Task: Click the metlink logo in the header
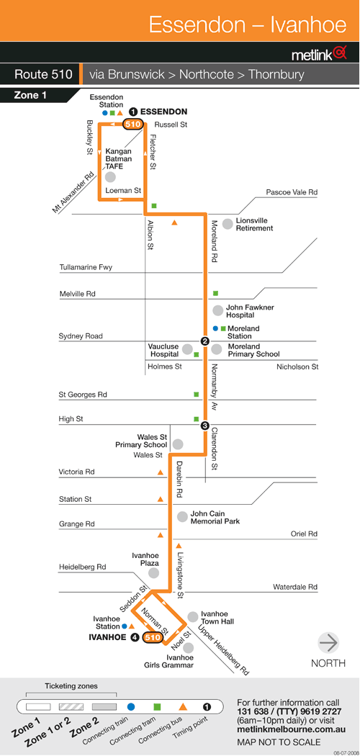319,54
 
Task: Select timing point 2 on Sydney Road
204,342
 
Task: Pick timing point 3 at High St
204,426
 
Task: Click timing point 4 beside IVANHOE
135,637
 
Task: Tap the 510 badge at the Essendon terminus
133,124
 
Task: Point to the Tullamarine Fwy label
85,267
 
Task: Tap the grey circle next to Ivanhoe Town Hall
193,616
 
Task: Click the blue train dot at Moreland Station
216,328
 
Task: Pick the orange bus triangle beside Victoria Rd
160,472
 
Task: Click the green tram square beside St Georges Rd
197,395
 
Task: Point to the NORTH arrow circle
328,643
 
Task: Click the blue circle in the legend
130,707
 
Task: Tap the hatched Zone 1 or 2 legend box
71,707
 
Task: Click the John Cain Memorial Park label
215,518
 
